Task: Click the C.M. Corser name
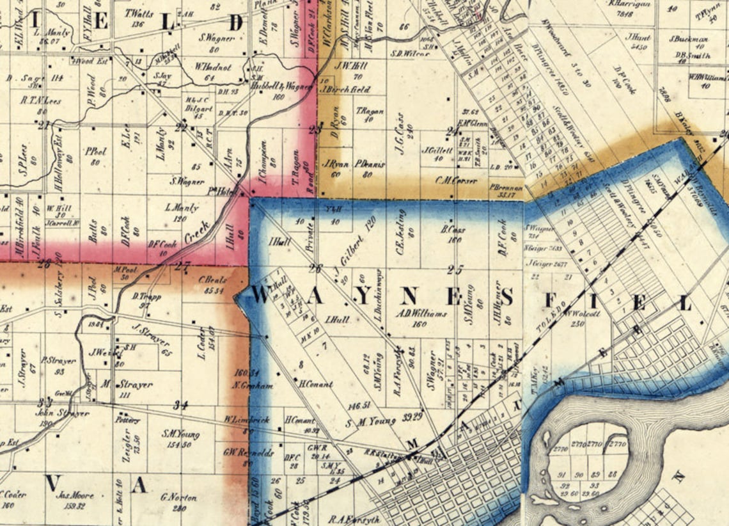click(456, 180)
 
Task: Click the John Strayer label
click(62, 413)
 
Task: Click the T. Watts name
click(138, 13)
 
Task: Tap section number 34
click(182, 404)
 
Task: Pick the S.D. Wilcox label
click(409, 54)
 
